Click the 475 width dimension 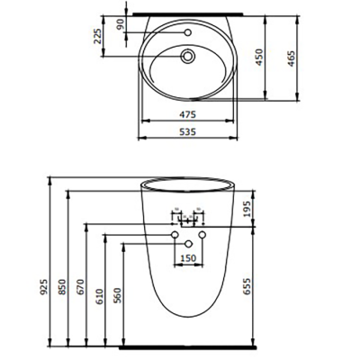(x=187, y=114)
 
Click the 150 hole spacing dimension (x=188, y=259)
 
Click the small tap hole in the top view (x=187, y=34)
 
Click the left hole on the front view (x=175, y=236)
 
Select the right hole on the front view (x=202, y=236)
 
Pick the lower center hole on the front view (x=188, y=245)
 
